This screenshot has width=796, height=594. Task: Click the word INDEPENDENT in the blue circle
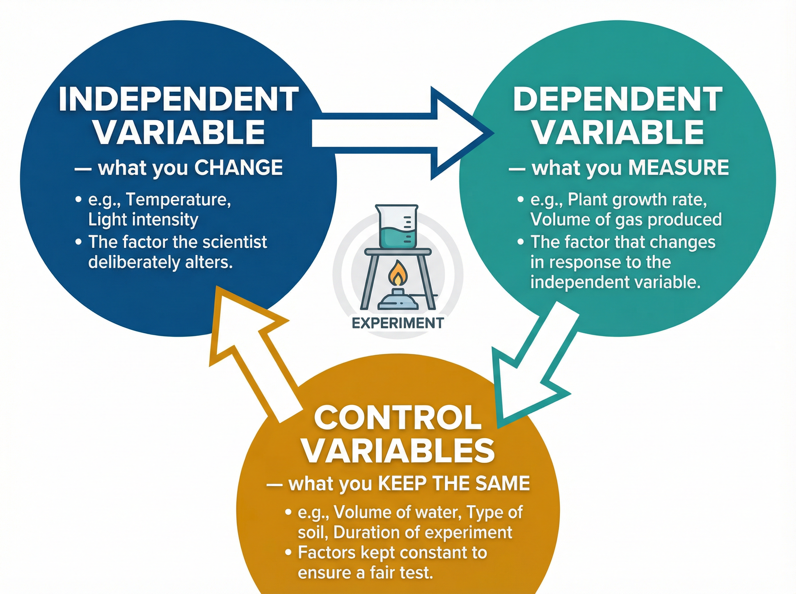(179, 99)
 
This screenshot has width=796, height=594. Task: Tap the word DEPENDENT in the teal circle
(618, 99)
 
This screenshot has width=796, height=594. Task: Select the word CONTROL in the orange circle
(397, 418)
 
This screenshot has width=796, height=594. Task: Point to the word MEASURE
(679, 168)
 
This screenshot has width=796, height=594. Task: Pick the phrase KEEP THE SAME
(454, 484)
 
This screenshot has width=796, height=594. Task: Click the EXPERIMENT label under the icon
(397, 323)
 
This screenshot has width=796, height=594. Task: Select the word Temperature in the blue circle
(178, 200)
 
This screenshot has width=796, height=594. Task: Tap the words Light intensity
(143, 220)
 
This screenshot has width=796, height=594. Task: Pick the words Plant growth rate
(637, 200)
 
